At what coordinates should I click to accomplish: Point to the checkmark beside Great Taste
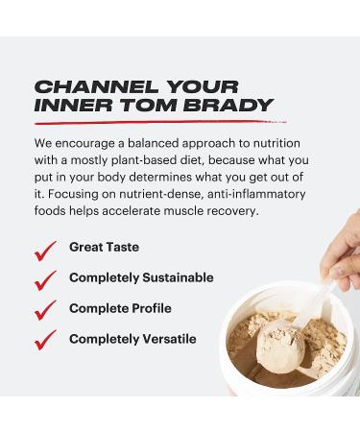tap(45, 250)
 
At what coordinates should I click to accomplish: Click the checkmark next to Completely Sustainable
tap(45, 280)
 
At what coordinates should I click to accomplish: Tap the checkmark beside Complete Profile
tap(45, 310)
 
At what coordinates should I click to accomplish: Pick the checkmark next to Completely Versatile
tap(45, 340)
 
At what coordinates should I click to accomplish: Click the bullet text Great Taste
tap(104, 248)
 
